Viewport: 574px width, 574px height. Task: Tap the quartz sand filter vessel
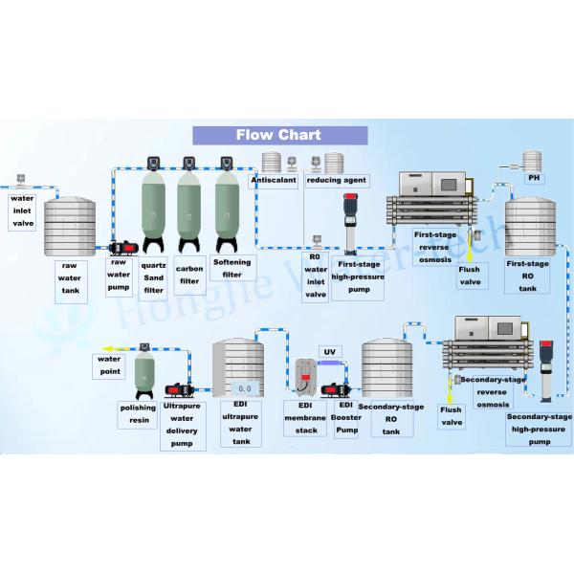click(x=154, y=206)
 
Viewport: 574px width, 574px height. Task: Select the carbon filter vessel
click(x=189, y=206)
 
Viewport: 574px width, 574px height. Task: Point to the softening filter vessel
click(x=226, y=206)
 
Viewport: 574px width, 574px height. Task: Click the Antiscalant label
click(x=274, y=180)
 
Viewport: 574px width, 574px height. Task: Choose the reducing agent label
click(x=336, y=180)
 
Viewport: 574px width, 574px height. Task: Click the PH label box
click(x=535, y=178)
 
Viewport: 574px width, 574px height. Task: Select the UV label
click(x=328, y=352)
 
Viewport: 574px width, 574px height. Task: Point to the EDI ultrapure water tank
click(x=237, y=373)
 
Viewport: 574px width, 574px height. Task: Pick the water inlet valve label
click(x=22, y=210)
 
